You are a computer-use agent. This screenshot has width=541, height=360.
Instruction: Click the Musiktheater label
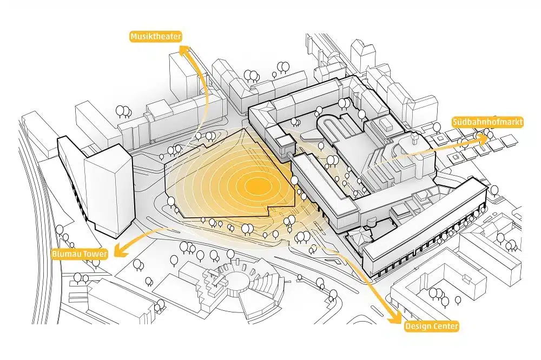(156, 37)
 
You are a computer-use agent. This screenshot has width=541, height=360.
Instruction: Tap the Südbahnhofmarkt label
(487, 122)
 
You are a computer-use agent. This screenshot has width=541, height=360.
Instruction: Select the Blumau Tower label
(80, 254)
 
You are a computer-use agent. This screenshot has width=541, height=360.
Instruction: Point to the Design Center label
(431, 326)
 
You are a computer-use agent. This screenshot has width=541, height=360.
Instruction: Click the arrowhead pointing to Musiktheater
(185, 50)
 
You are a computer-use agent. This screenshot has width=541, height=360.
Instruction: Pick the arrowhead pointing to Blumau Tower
(119, 250)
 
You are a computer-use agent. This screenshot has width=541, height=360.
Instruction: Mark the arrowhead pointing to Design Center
(395, 318)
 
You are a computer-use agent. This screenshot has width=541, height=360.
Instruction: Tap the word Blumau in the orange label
(66, 254)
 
